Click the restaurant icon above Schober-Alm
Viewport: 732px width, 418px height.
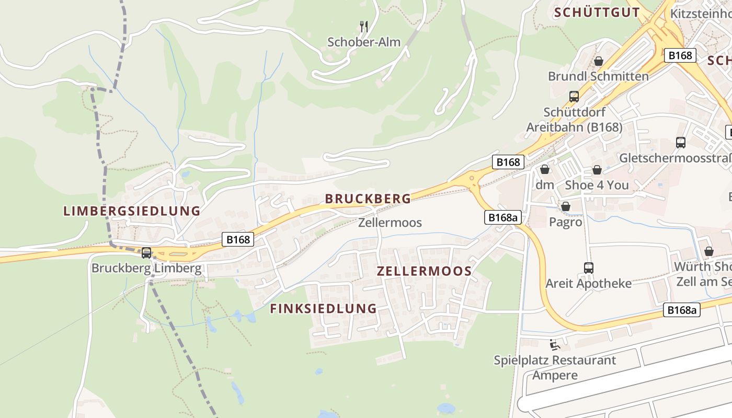coord(364,26)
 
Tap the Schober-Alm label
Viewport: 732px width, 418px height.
coord(364,42)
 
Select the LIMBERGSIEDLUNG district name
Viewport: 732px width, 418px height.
coord(132,211)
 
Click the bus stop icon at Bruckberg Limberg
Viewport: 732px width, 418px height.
coord(146,253)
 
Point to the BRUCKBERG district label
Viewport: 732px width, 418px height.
coord(368,199)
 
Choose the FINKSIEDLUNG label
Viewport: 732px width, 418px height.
coord(323,308)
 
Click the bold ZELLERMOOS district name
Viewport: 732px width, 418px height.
coord(424,271)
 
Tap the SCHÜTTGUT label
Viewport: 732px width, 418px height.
coord(597,13)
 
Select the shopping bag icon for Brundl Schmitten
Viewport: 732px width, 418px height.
coord(599,62)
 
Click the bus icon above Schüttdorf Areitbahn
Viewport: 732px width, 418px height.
coord(574,97)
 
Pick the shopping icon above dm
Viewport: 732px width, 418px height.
coord(545,170)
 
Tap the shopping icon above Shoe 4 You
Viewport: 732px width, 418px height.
coord(597,170)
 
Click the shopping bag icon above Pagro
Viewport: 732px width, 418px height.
coord(565,207)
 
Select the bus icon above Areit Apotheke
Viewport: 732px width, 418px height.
coord(589,268)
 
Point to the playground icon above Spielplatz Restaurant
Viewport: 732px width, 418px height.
coord(555,345)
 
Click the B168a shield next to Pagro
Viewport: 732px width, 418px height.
coord(503,217)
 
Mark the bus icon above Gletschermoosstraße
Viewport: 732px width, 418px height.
coord(681,143)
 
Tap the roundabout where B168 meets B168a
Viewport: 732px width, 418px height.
coord(473,180)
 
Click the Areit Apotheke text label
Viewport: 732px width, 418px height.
coord(589,284)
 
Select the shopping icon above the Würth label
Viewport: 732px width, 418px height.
coord(709,251)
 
